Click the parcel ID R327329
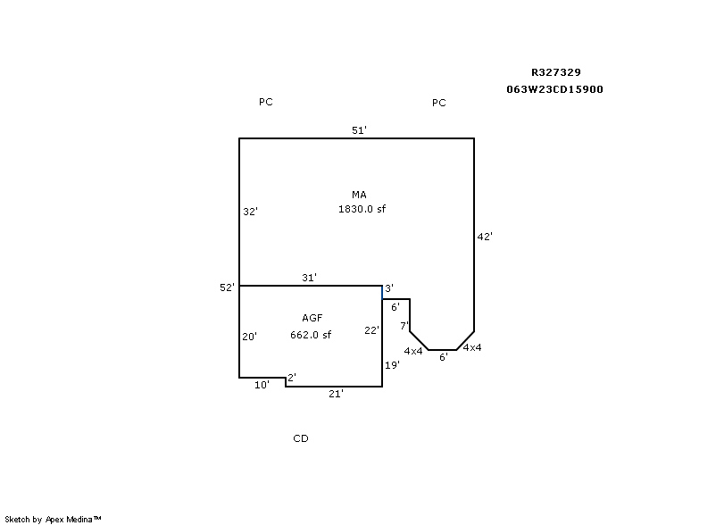pyautogui.click(x=555, y=72)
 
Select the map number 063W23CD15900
pyautogui.click(x=554, y=89)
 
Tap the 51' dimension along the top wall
pyautogui.click(x=359, y=130)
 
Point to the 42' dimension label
pyautogui.click(x=485, y=237)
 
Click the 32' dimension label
pyautogui.click(x=250, y=212)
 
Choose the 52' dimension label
pyautogui.click(x=227, y=287)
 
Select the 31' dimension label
pyautogui.click(x=309, y=278)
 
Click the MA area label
pyautogui.click(x=359, y=195)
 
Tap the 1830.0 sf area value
pyautogui.click(x=362, y=209)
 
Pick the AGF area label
pyautogui.click(x=312, y=318)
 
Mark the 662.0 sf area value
pyautogui.click(x=311, y=335)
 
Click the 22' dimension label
pyautogui.click(x=371, y=330)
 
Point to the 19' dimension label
pyautogui.click(x=392, y=365)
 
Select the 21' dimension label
pyautogui.click(x=336, y=394)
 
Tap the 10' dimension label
pyautogui.click(x=262, y=385)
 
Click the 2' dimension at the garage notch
pyautogui.click(x=292, y=377)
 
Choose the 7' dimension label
pyautogui.click(x=404, y=326)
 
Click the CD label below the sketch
pyautogui.click(x=301, y=438)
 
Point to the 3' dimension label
pyautogui.click(x=389, y=288)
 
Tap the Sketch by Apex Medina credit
pyautogui.click(x=53, y=519)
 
